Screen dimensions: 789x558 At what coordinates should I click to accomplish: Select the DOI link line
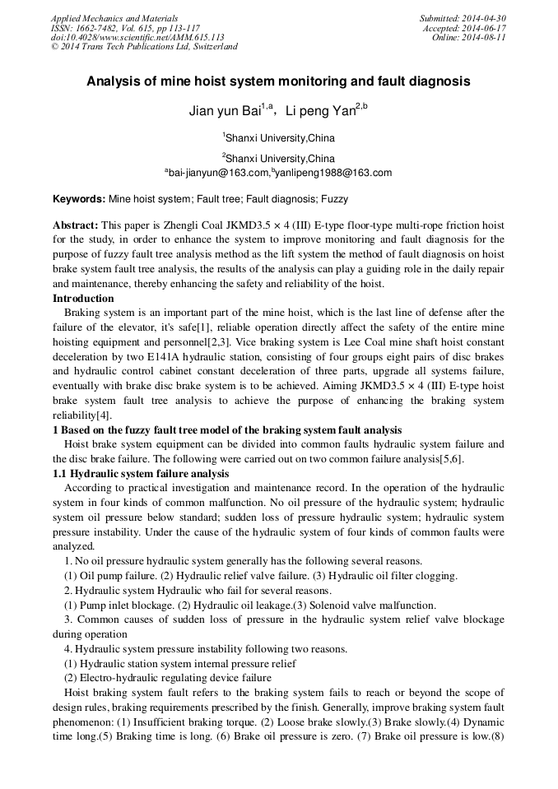click(x=137, y=37)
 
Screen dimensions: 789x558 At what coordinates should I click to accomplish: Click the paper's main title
click(x=278, y=81)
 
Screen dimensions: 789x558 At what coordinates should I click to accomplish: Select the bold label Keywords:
click(x=79, y=199)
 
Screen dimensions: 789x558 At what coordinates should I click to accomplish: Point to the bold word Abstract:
click(x=76, y=225)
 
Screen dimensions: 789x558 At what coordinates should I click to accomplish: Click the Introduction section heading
click(x=83, y=298)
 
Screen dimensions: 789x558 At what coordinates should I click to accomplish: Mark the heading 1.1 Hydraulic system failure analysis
click(x=141, y=474)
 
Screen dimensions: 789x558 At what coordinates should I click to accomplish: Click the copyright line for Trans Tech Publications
click(x=144, y=47)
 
